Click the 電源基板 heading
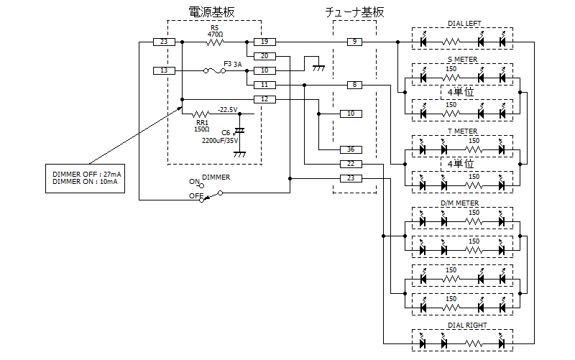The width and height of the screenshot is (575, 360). (211, 12)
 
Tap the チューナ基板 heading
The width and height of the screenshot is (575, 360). (354, 12)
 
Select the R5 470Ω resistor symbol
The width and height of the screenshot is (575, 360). (215, 42)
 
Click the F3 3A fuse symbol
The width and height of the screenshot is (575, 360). (214, 70)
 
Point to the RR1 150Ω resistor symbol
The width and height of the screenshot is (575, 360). (201, 114)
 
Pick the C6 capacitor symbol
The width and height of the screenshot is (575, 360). (240, 131)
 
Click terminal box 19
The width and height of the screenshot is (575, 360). (264, 42)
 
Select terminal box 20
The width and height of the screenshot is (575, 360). (264, 56)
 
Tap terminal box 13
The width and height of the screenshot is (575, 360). (164, 70)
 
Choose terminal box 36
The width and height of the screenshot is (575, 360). (351, 149)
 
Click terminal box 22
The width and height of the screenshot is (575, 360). (351, 164)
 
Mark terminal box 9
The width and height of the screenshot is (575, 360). (354, 42)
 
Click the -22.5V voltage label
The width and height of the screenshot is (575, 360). (227, 110)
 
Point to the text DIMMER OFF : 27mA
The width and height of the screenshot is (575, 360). (86, 175)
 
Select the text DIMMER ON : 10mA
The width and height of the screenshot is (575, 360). (85, 182)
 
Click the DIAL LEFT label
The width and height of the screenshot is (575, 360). (464, 24)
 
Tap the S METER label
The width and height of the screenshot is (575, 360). (462, 60)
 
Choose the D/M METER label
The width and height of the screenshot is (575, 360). (459, 203)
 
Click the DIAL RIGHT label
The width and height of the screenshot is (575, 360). (467, 326)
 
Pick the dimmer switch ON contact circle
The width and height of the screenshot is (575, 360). (201, 186)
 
